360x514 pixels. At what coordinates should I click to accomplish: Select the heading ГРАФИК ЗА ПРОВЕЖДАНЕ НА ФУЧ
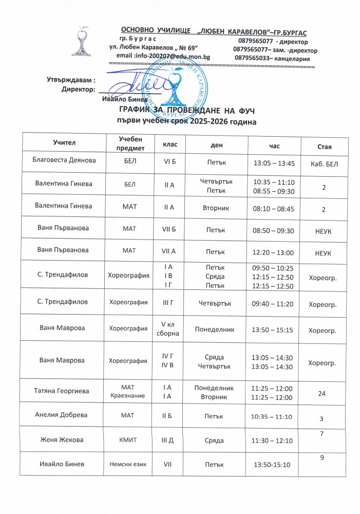[187, 111]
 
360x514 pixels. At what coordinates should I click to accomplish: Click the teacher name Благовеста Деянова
[63, 160]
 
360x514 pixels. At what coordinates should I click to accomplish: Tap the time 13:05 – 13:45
[274, 163]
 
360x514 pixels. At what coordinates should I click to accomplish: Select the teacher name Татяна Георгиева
[63, 391]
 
